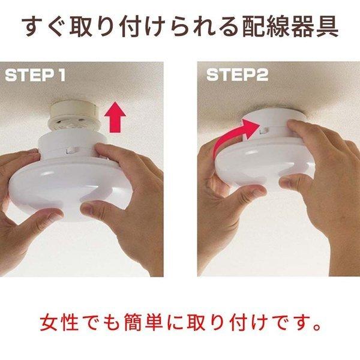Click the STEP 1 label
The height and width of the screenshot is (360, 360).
35,76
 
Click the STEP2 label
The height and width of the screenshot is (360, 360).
238,75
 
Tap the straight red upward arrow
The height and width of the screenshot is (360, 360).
115,118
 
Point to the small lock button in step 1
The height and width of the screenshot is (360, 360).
71,151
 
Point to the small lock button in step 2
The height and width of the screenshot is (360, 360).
264,131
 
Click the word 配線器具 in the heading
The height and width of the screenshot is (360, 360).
290,26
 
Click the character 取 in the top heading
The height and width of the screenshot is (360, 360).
79,26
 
